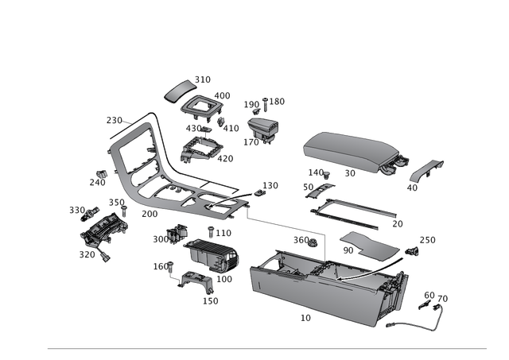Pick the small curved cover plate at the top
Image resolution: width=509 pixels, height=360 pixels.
click(x=180, y=91)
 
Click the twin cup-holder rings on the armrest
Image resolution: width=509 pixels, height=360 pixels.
click(x=393, y=167)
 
